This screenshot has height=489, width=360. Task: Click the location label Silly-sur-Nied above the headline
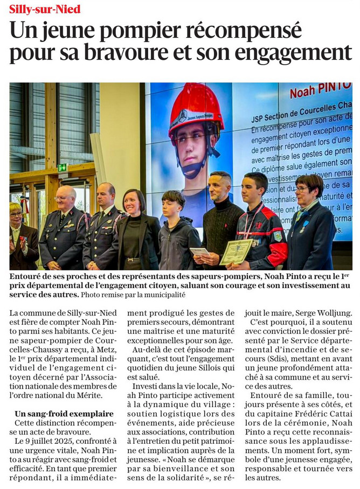[x=45, y=9]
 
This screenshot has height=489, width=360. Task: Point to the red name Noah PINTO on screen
[x=321, y=91]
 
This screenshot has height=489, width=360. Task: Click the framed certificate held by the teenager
[x=236, y=251]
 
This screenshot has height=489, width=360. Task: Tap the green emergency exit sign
[x=63, y=167]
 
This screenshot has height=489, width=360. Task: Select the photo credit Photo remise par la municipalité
[x=133, y=295]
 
